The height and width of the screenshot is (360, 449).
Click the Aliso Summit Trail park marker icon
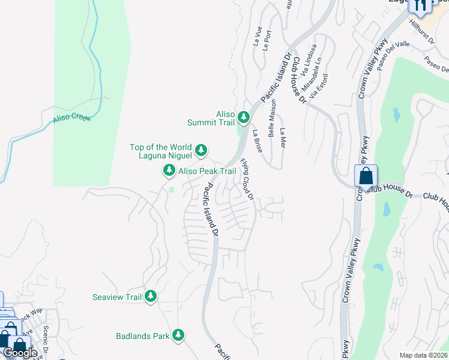[x=243, y=116]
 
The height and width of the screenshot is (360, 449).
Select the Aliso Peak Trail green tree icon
[x=169, y=172]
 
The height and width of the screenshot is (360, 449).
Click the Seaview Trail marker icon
[x=150, y=296]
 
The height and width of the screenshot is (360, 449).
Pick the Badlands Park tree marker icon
[x=178, y=335]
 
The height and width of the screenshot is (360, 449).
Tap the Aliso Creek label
[x=71, y=117]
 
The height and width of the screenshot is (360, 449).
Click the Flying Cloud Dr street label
[x=247, y=179]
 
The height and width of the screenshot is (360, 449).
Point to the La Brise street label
[x=257, y=140]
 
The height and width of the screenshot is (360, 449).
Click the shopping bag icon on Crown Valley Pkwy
[x=366, y=176]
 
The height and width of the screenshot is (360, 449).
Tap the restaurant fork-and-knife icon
[x=420, y=5]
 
